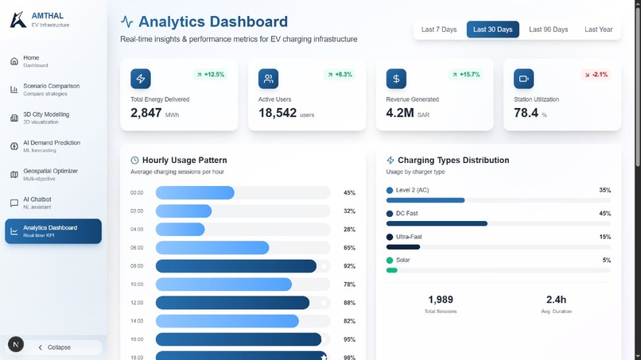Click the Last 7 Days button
click(x=439, y=29)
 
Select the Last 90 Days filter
click(x=548, y=29)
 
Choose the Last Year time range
click(x=598, y=29)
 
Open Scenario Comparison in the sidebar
click(x=52, y=89)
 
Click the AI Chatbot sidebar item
click(x=38, y=203)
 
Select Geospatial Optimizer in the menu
click(x=51, y=174)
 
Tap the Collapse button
click(x=59, y=347)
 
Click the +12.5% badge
click(x=210, y=75)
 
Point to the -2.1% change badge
click(x=596, y=75)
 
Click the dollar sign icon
click(x=396, y=79)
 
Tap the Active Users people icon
click(x=268, y=79)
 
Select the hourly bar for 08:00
click(x=236, y=266)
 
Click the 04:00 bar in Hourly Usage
click(x=181, y=229)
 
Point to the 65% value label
click(x=349, y=248)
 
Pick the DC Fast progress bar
click(x=437, y=223)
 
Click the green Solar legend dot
click(x=390, y=260)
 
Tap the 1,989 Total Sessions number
click(x=441, y=300)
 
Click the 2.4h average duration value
click(x=556, y=300)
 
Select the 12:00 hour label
click(x=137, y=303)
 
